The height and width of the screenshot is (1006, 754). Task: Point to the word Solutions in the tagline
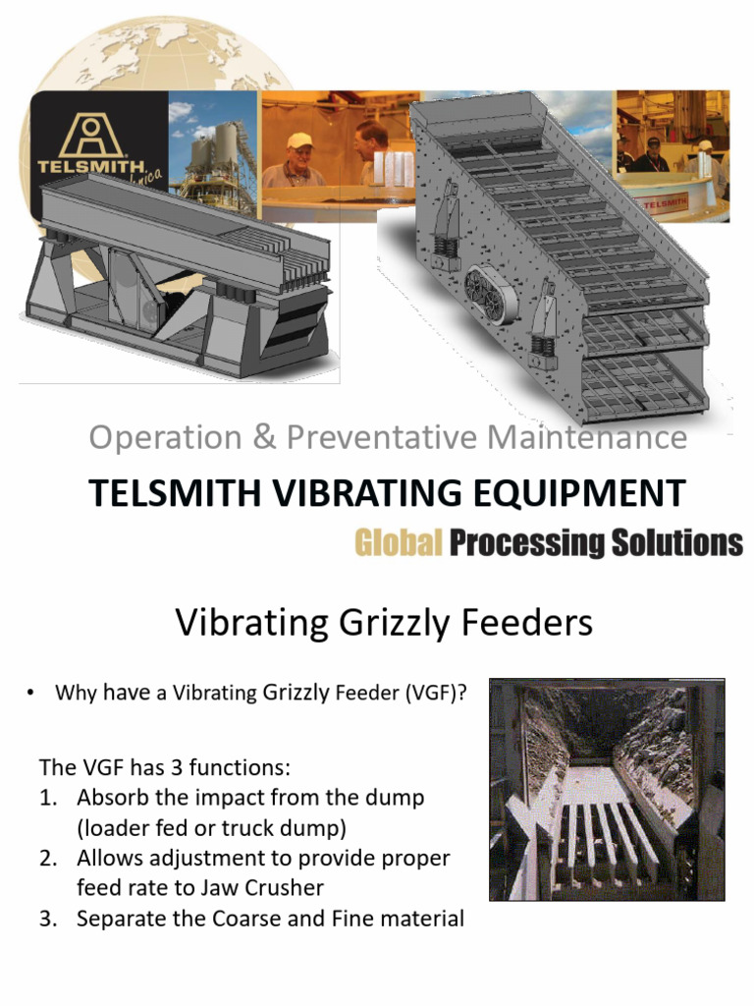pos(678,543)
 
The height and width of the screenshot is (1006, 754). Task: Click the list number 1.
pos(47,797)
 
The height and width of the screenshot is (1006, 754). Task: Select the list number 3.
pos(47,919)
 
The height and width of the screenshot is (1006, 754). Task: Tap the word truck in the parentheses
pos(260,827)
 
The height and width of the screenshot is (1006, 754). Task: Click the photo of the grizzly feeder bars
pos(607,790)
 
